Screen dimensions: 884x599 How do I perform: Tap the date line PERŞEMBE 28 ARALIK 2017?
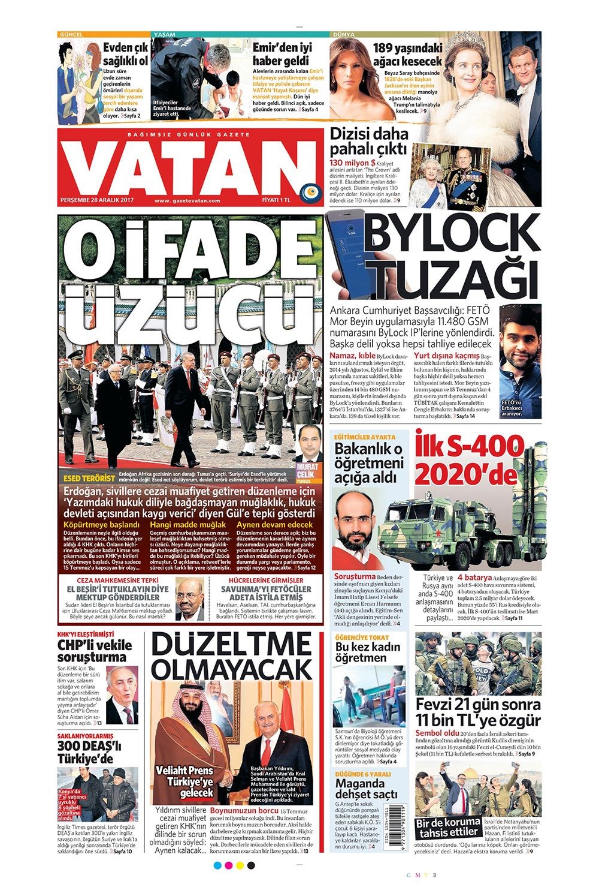pyautogui.click(x=97, y=200)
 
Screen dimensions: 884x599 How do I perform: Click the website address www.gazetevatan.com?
pyautogui.click(x=187, y=201)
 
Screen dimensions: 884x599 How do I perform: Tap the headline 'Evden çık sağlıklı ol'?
pyautogui.click(x=125, y=54)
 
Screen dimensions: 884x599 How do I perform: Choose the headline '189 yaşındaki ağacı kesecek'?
pyautogui.click(x=407, y=55)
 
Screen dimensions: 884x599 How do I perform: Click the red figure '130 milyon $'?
pyautogui.click(x=353, y=163)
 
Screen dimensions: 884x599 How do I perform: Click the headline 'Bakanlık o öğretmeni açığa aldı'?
pyautogui.click(x=367, y=463)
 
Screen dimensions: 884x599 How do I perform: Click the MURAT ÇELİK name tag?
pyautogui.click(x=309, y=470)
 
